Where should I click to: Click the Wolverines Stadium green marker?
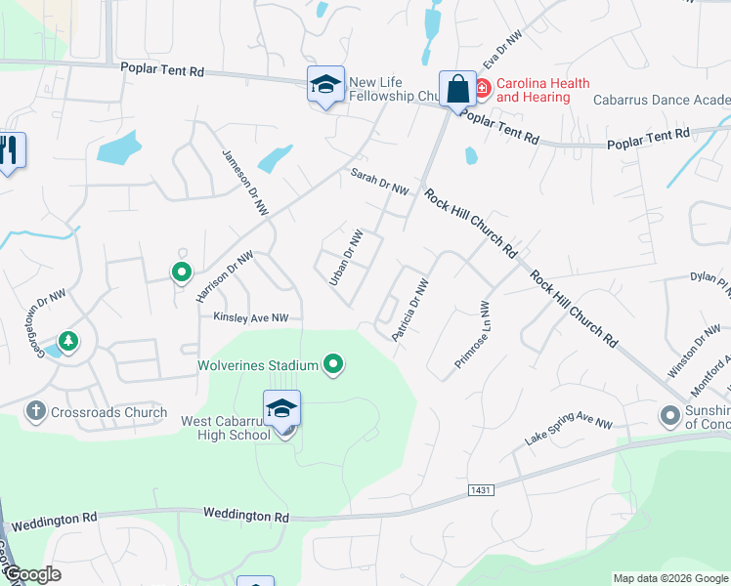tap(334, 365)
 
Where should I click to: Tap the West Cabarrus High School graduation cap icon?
tap(281, 408)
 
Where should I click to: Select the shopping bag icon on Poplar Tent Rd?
tap(457, 89)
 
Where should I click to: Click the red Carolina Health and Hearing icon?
tap(483, 89)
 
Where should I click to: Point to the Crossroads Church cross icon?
tap(35, 412)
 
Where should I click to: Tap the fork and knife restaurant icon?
tap(10, 150)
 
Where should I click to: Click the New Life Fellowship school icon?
tap(326, 85)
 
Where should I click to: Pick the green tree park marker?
tap(68, 341)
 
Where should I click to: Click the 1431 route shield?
tap(479, 489)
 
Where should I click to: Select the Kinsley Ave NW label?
tap(252, 317)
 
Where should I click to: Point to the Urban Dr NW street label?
tap(346, 257)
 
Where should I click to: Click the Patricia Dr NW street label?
tap(410, 311)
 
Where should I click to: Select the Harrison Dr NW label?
tap(225, 276)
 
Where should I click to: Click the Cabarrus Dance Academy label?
tap(662, 100)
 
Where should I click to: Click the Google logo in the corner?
tap(31, 575)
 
